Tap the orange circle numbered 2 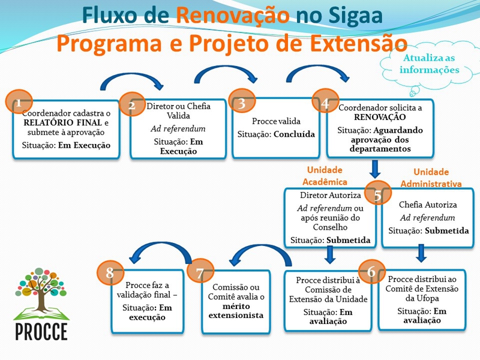(131, 105)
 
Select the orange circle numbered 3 (242, 103)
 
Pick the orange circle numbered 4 (325, 104)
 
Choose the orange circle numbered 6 (371, 272)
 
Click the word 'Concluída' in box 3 (294, 134)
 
